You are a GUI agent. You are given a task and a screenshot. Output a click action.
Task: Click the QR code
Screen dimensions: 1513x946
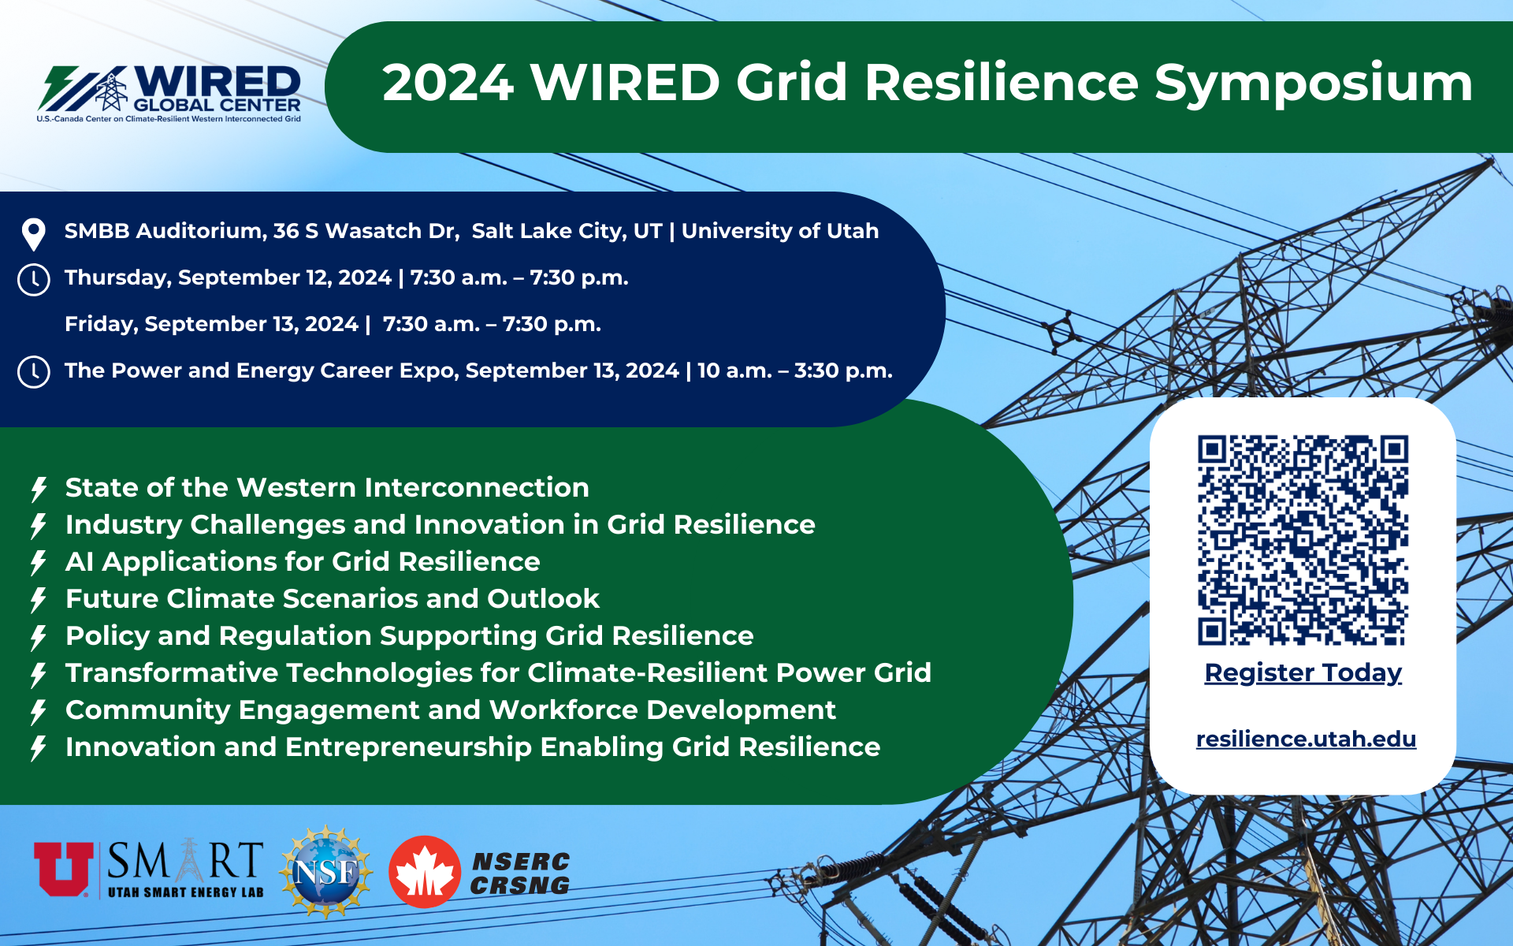point(1303,540)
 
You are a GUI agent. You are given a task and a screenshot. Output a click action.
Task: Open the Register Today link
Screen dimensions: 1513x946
point(1303,672)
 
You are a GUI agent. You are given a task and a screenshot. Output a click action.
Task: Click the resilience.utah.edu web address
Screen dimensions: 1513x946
point(1306,739)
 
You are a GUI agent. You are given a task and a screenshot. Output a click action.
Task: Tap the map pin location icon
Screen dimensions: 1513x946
point(34,234)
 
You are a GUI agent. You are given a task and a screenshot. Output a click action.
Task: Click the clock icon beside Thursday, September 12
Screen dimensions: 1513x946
point(34,280)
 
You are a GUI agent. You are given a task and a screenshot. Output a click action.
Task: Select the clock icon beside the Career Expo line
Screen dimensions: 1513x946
point(34,372)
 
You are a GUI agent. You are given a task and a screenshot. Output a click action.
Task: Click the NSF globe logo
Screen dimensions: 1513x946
point(325,872)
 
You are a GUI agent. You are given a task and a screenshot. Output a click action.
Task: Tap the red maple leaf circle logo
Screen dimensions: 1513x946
point(425,872)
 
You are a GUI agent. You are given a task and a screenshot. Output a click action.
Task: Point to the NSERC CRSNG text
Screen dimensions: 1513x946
point(520,873)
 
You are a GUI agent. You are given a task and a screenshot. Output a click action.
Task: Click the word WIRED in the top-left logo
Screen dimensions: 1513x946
point(217,82)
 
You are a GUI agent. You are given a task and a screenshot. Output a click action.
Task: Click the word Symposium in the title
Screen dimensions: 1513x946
point(1314,84)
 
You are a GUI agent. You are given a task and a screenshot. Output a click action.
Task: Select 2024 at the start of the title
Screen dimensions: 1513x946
point(448,83)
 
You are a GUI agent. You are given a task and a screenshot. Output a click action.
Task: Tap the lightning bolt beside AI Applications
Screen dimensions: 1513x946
point(38,563)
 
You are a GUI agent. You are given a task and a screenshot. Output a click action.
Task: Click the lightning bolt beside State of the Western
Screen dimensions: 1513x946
point(38,489)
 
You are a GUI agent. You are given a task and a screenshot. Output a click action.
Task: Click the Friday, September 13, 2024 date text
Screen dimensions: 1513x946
point(211,324)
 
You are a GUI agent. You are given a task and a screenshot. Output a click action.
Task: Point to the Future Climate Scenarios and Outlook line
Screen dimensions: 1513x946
point(333,598)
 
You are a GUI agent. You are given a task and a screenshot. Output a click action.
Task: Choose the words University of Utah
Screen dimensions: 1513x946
point(780,231)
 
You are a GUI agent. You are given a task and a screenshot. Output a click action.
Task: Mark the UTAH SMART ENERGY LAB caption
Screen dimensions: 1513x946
point(186,892)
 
